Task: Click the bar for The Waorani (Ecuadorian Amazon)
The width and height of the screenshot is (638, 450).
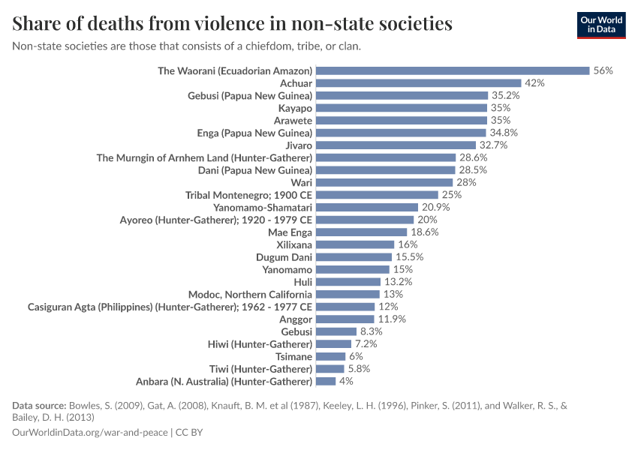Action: [x=453, y=70]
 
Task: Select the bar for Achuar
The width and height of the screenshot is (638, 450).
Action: [x=418, y=83]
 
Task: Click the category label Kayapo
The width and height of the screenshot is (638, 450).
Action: [x=295, y=108]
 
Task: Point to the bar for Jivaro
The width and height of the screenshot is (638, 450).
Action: [x=396, y=145]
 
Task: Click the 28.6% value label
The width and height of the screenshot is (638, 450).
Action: [x=473, y=157]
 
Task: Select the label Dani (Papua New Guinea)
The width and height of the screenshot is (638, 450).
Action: [x=255, y=170]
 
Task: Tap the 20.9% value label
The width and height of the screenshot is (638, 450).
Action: [x=435, y=207]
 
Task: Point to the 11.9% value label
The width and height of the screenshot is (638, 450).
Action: [x=391, y=319]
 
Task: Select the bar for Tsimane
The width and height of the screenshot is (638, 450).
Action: [x=330, y=356]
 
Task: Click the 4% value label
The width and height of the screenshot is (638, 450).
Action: [x=345, y=381]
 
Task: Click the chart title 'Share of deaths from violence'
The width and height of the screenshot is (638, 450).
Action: [x=232, y=24]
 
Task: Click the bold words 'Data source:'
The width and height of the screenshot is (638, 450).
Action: [x=39, y=405]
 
